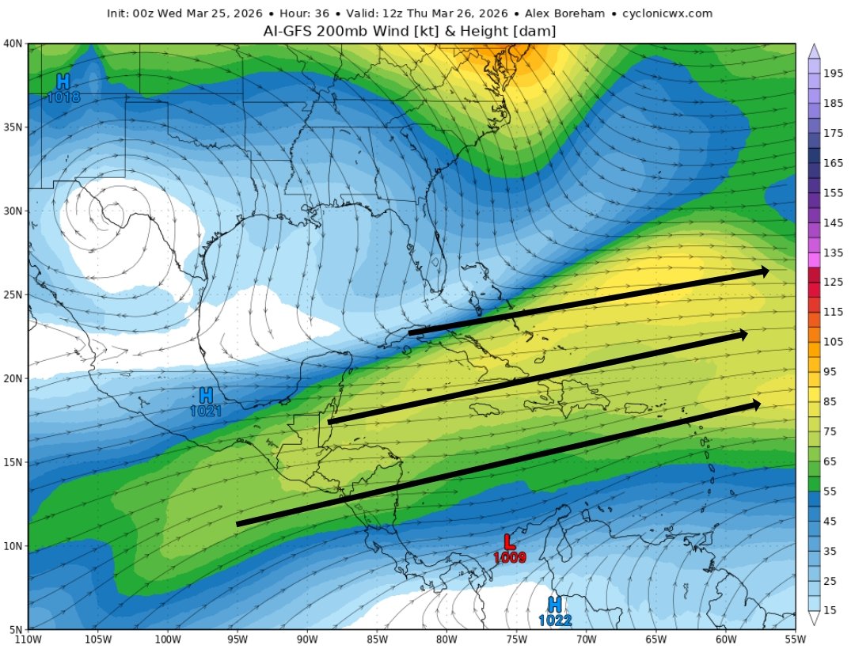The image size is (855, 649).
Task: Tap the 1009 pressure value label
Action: [x=507, y=557]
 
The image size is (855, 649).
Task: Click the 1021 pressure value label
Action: [x=205, y=411]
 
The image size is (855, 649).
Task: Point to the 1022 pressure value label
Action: [x=555, y=621]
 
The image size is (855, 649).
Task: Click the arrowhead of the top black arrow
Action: [x=764, y=271]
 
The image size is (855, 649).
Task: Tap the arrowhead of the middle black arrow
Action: [x=742, y=335]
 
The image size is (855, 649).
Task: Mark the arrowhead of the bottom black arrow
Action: [x=755, y=404]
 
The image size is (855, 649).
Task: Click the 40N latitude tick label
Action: [x=13, y=44]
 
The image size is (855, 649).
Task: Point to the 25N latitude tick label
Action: [x=13, y=294]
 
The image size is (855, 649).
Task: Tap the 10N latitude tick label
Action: [x=13, y=546]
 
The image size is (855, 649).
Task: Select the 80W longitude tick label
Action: [x=446, y=640]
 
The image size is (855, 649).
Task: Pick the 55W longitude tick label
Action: [x=794, y=640]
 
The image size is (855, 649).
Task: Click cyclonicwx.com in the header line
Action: [x=667, y=13]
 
